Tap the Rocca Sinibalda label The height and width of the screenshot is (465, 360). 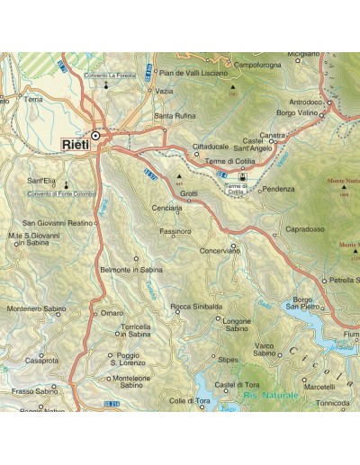coord(196,307)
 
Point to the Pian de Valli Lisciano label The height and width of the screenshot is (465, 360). coord(193,71)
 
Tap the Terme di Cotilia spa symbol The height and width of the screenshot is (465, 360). coord(241,177)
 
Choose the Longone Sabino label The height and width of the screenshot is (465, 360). coord(238,325)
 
